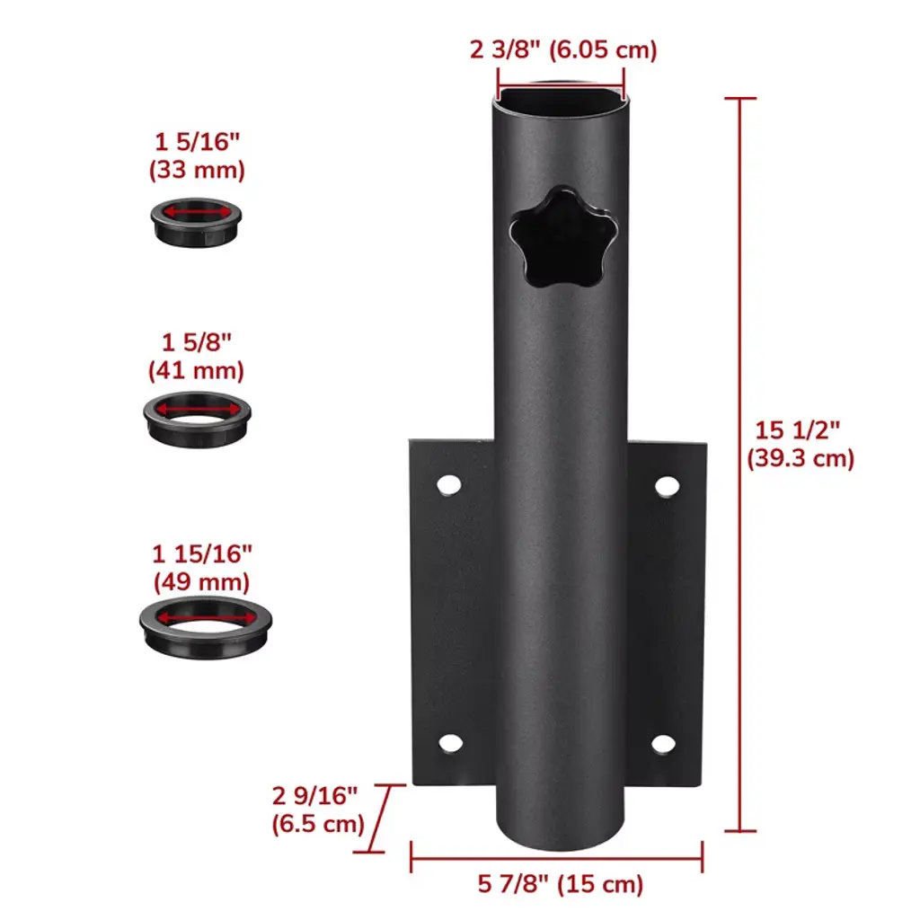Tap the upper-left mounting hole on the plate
[449, 485]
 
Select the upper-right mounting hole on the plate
[668, 486]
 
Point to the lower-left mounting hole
[451, 743]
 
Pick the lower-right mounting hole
[663, 744]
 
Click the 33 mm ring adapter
[196, 222]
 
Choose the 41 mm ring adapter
[197, 420]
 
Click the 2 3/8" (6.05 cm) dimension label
[563, 50]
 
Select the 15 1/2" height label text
[797, 430]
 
